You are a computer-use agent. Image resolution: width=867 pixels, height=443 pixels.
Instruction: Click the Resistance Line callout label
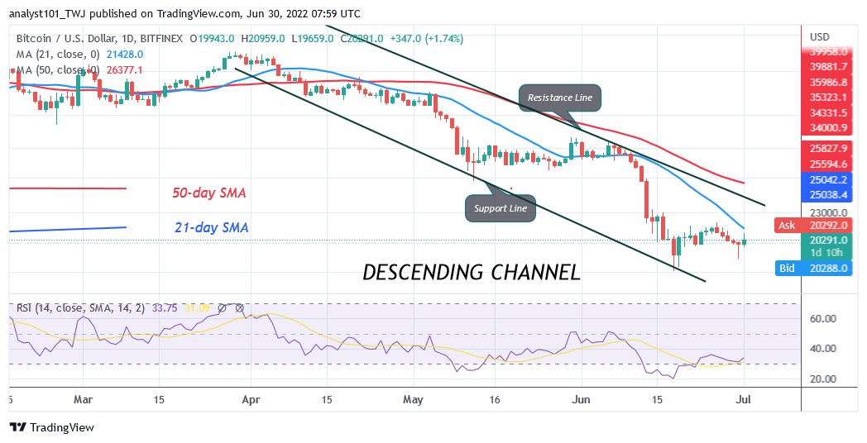(x=560, y=98)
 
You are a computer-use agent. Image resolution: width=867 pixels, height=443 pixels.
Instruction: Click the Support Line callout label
(x=501, y=208)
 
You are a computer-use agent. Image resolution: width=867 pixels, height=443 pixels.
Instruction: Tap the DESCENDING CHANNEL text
(x=472, y=271)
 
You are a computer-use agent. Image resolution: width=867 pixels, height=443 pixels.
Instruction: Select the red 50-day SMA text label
(x=208, y=193)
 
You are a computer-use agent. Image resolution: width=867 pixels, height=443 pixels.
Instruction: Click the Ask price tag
(x=786, y=225)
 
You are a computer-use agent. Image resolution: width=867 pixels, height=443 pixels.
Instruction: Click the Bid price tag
(x=786, y=268)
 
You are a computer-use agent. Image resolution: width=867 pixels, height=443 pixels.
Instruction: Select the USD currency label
(x=820, y=37)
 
